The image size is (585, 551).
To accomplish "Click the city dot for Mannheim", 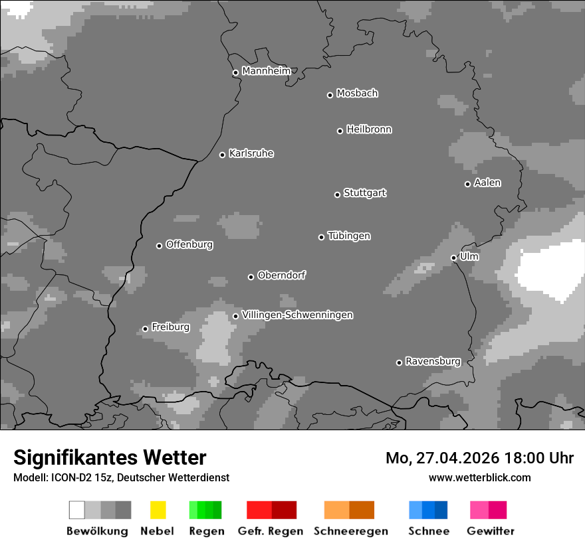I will coord(235,73).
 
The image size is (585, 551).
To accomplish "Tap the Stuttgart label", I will coord(364,193).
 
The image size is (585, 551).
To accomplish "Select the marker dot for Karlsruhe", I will coord(223,155).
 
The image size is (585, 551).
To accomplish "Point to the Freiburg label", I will coord(170,327).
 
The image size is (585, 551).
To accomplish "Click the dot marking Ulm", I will coord(453,258).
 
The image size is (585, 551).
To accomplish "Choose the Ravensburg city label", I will coord(433,362).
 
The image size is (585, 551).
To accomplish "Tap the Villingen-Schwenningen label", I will coord(297,315).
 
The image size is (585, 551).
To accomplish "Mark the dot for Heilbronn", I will coord(340,131).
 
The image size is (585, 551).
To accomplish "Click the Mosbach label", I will coord(357,94).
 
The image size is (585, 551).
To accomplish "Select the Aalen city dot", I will coord(467,184).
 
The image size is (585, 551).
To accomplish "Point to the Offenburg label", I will coord(189,244).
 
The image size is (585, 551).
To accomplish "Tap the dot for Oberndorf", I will coord(251,277).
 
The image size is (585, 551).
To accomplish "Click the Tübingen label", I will coord(349,236).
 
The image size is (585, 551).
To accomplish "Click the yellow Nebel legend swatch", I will coord(158,510).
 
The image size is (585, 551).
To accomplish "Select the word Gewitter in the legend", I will coord(490,531).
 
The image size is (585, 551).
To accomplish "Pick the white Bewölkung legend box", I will coord(77,510).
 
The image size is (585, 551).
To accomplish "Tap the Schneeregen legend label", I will coord(350,531).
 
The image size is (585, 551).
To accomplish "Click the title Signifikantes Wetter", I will coord(110,457).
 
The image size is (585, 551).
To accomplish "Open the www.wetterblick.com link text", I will coord(479,477).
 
